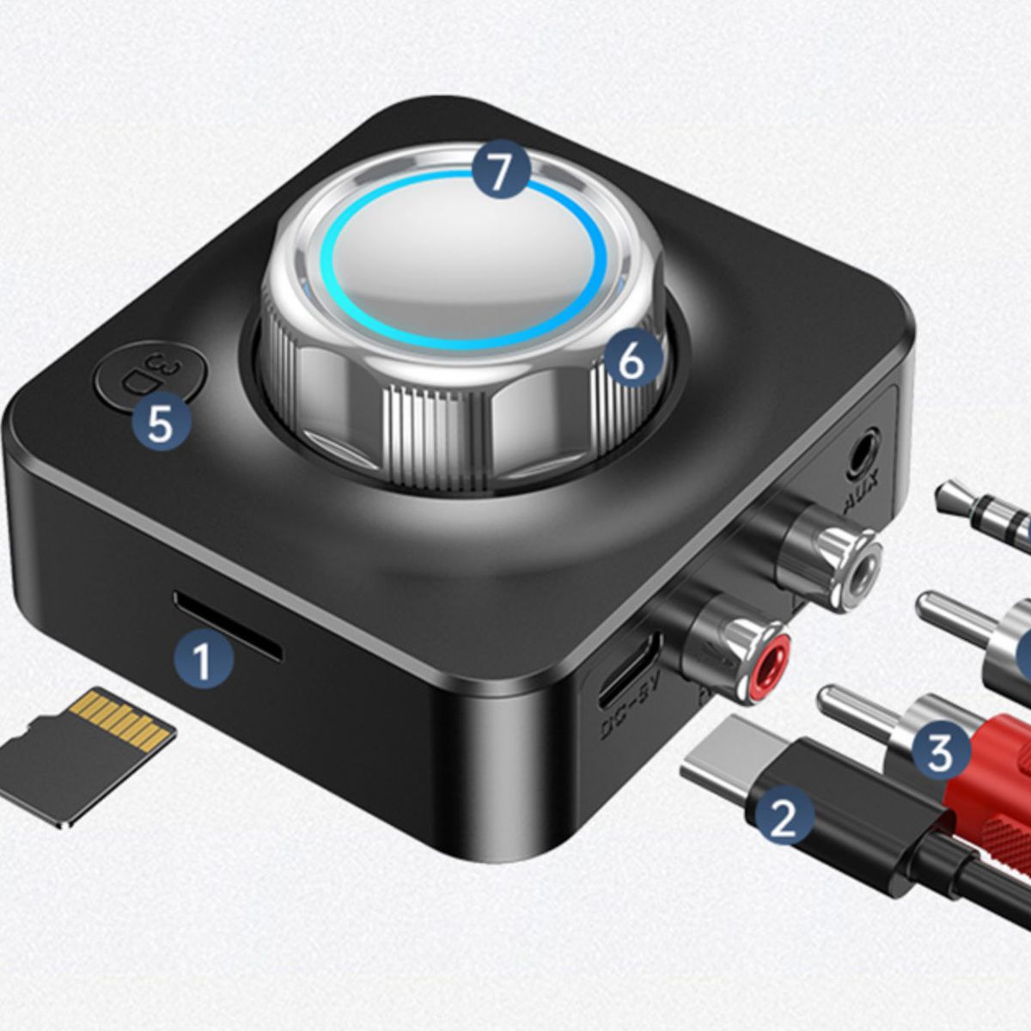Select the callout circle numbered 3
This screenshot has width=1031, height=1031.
940,752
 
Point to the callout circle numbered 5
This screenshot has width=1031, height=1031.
160,424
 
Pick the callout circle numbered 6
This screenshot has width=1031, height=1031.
631,362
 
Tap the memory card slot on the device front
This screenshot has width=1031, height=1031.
228,624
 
